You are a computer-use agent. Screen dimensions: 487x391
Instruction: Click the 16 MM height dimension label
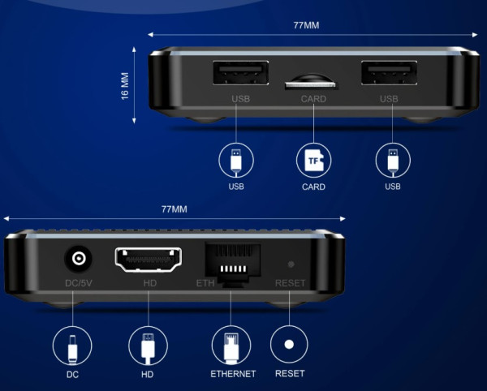tap(125, 86)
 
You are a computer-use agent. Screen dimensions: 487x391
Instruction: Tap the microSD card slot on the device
tap(312, 82)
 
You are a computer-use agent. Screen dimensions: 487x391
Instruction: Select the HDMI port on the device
tap(149, 260)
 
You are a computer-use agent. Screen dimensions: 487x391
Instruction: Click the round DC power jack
tap(78, 258)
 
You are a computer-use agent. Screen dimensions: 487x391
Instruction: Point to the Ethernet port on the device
tap(233, 264)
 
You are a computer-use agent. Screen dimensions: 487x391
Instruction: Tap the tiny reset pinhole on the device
tap(291, 264)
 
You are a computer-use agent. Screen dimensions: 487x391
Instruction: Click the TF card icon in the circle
tap(313, 161)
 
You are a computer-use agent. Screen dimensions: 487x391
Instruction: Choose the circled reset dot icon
tap(289, 345)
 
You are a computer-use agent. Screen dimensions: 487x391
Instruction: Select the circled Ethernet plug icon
tap(231, 346)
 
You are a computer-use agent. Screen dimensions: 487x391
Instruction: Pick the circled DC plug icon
tap(72, 346)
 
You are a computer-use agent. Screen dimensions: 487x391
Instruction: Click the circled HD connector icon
tap(149, 346)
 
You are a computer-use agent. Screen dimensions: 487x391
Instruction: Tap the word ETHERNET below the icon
tap(233, 374)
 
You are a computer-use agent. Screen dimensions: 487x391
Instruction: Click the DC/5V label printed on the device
tap(79, 283)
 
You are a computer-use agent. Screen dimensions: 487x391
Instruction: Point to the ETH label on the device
tap(205, 283)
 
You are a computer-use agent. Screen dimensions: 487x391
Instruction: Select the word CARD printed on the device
tap(313, 99)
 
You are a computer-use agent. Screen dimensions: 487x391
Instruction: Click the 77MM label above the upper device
tap(306, 25)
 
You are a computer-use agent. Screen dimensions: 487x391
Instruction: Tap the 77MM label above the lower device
tap(175, 209)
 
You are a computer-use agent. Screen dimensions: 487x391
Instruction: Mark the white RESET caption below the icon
tap(290, 373)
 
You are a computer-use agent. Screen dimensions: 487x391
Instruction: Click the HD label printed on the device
tap(149, 283)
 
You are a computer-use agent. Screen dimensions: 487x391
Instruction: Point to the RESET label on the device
tap(290, 283)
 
